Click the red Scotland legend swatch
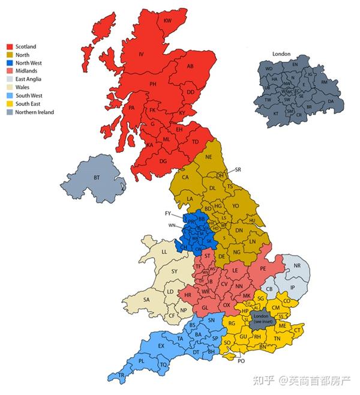click(x=10, y=47)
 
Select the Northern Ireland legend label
click(x=35, y=112)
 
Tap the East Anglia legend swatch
click(x=10, y=79)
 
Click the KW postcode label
click(x=167, y=21)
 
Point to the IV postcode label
click(x=142, y=55)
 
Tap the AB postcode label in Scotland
click(x=189, y=66)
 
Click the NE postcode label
click(x=209, y=157)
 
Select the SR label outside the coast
click(x=238, y=169)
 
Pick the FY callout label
click(x=168, y=213)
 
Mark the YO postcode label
click(x=236, y=205)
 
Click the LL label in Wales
click(x=164, y=252)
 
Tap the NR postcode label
click(x=296, y=265)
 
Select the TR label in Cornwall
click(x=121, y=375)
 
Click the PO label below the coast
click(x=242, y=361)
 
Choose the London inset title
click(x=281, y=54)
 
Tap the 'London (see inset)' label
click(x=261, y=319)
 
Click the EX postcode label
click(x=161, y=346)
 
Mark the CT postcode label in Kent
click(x=298, y=330)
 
